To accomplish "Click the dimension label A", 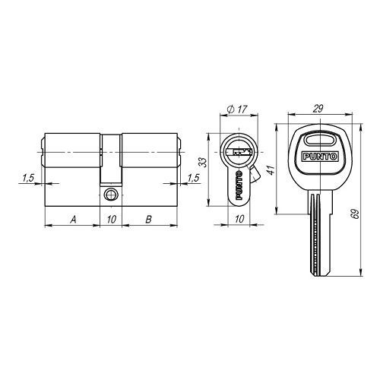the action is pos(73,220).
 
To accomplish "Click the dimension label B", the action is pos(149,220).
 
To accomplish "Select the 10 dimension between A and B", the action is pos(111,220).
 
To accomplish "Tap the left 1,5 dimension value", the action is pos(28,178).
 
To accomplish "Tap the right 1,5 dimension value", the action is pos(194,178).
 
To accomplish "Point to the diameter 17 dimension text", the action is pos(237,109).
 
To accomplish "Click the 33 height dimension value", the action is pos(203,163).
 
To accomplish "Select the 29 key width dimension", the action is pos(318,109).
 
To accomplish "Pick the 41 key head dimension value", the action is pos(271,170).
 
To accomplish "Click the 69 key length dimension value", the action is pos(356,214).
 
